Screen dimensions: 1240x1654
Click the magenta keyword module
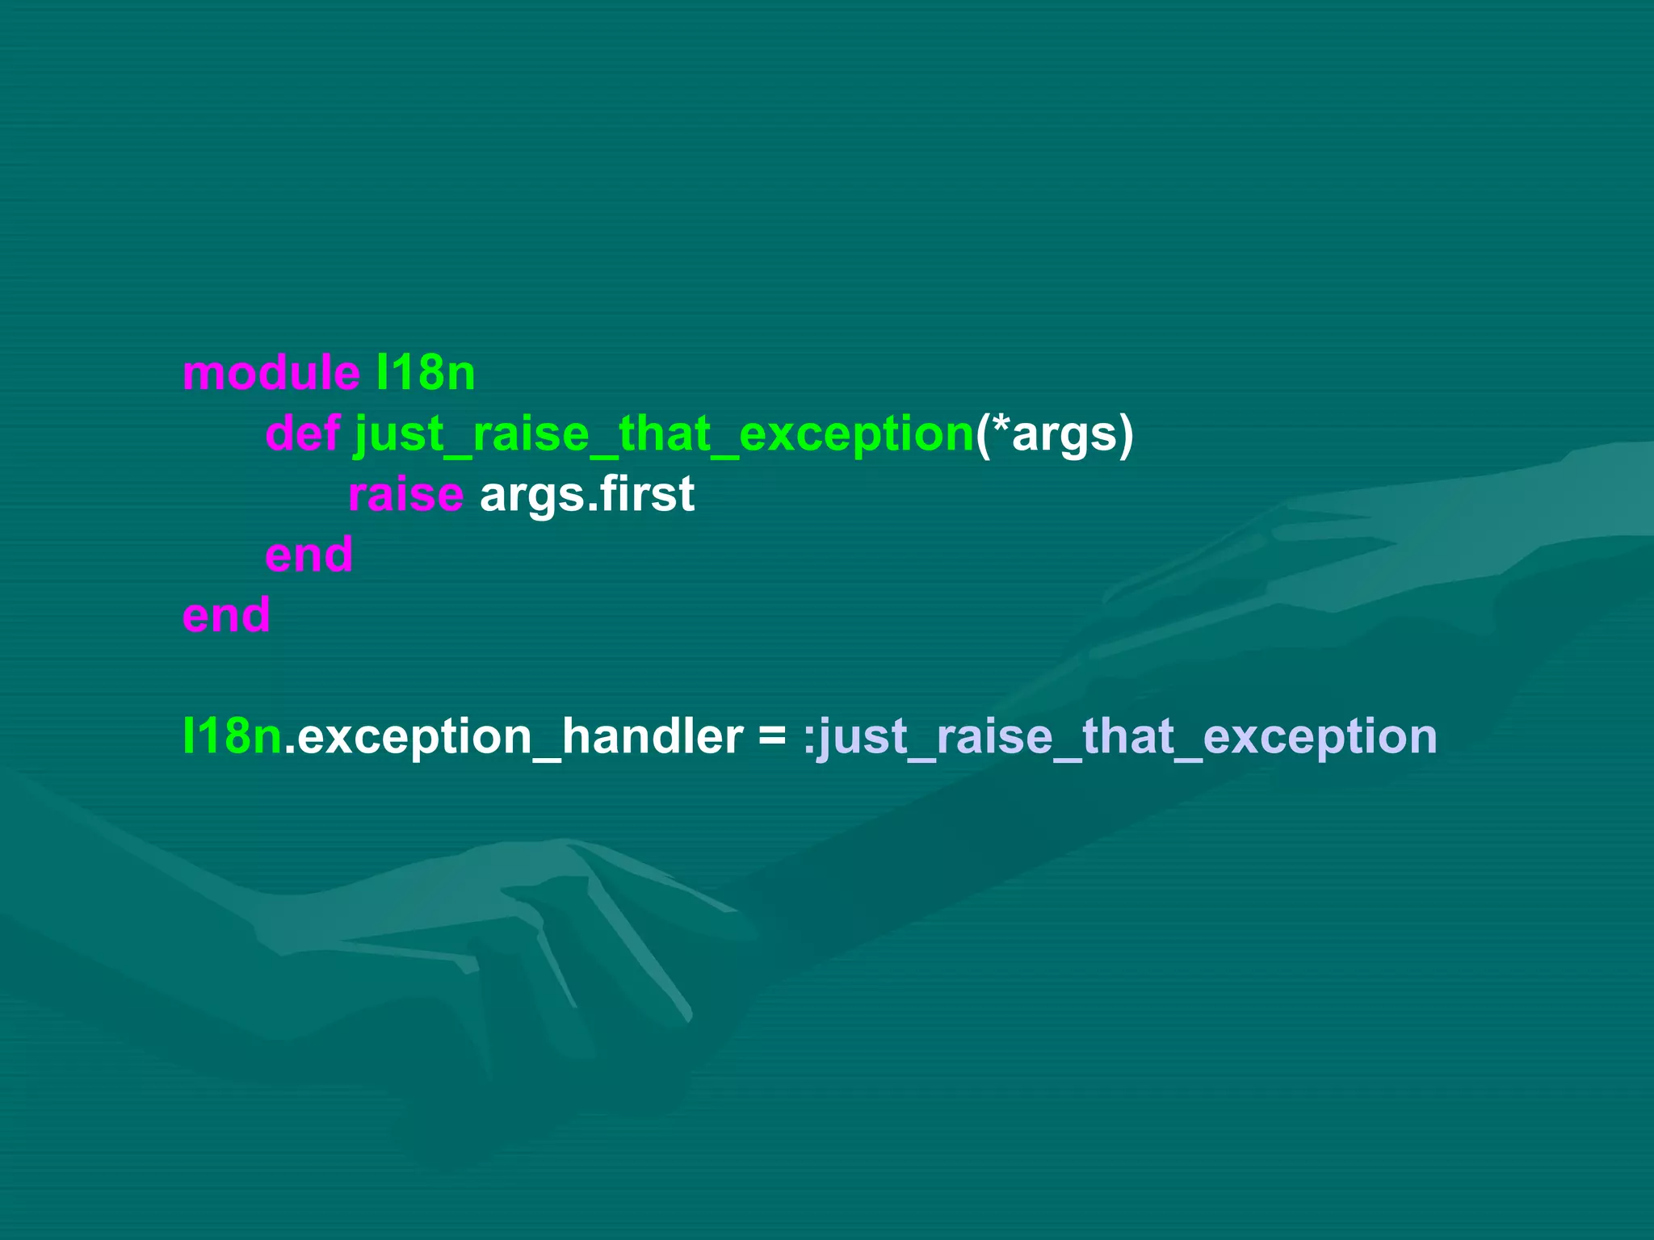[271, 373]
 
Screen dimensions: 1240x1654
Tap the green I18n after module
[426, 373]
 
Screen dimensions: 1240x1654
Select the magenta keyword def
[303, 434]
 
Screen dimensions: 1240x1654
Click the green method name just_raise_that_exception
[664, 434]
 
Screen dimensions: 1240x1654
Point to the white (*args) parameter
[1055, 434]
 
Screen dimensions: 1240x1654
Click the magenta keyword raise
[405, 494]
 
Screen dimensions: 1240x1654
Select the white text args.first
[587, 494]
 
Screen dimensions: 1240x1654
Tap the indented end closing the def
[309, 555]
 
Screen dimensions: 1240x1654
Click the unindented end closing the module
[226, 615]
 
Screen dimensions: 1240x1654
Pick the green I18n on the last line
[232, 736]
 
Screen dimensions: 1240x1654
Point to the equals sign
[772, 736]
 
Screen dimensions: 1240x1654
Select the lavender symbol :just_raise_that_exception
[1120, 736]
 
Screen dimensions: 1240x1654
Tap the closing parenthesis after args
[1126, 434]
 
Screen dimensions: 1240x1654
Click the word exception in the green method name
[856, 434]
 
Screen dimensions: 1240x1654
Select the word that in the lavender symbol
[1127, 736]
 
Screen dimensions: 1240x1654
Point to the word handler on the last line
[652, 736]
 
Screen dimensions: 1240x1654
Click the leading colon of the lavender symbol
[809, 739]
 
